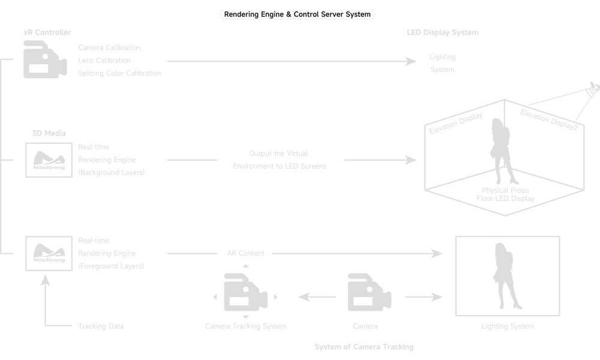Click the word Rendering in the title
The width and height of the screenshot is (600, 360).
click(241, 14)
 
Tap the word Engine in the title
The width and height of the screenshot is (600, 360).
click(272, 14)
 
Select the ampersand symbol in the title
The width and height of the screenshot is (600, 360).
click(289, 14)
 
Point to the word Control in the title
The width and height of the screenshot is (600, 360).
click(307, 14)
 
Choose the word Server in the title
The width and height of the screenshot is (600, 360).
click(333, 14)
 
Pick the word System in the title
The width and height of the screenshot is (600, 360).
click(358, 14)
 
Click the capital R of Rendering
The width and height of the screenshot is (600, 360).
click(227, 14)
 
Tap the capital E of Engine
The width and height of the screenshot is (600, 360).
click(263, 14)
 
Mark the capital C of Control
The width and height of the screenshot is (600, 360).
click(296, 14)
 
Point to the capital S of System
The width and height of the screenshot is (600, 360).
click(348, 14)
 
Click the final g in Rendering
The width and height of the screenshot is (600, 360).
click(256, 15)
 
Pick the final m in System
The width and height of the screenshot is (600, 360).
click(368, 14)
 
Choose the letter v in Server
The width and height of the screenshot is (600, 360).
click(336, 14)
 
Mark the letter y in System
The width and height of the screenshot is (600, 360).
click(352, 15)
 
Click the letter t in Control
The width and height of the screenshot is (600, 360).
click(309, 14)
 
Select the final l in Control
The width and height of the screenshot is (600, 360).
click(318, 14)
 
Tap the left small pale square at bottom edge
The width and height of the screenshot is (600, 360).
click(319, 353)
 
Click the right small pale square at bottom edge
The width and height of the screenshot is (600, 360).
click(410, 353)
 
